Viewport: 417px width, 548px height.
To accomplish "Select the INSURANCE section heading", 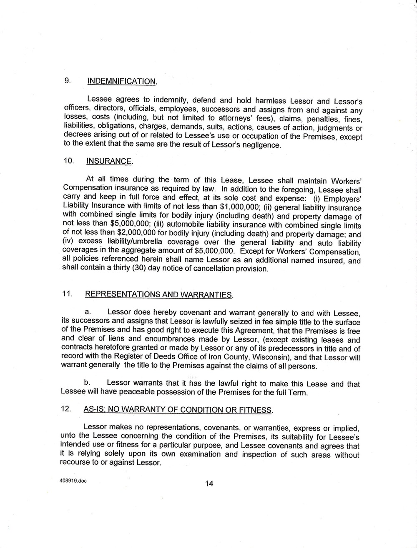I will pos(110,162).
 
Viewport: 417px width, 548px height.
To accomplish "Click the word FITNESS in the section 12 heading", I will pos(256,410).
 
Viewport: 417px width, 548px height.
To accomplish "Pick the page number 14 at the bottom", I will pos(209,483).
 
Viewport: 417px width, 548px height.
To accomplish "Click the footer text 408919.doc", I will pos(73,480).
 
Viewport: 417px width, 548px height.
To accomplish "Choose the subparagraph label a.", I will pos(88,311).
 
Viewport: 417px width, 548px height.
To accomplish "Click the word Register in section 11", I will pos(112,358).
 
